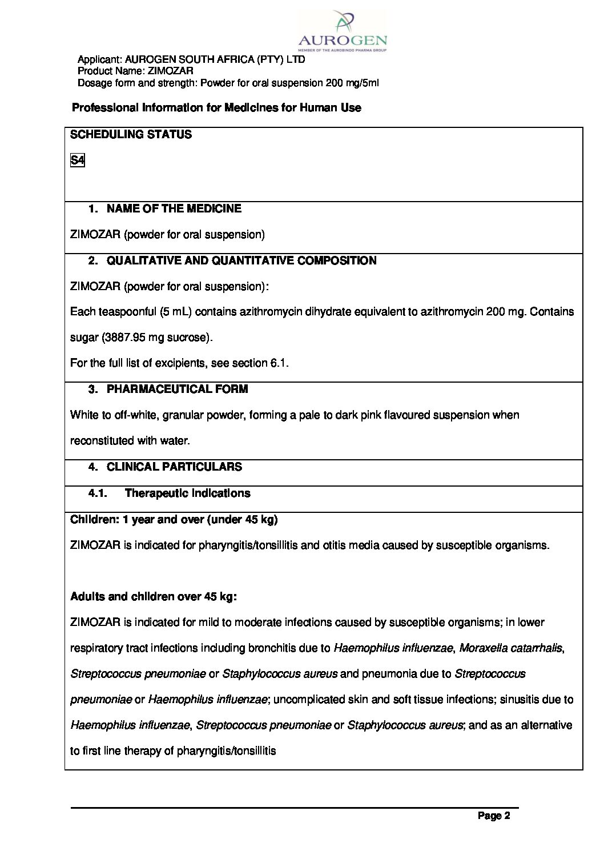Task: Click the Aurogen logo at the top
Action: pyautogui.click(x=342, y=32)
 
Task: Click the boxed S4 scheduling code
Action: pyautogui.click(x=77, y=160)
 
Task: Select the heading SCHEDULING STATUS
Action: pyautogui.click(x=131, y=135)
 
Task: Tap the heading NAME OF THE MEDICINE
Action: pyautogui.click(x=174, y=209)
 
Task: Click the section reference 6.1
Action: pyautogui.click(x=278, y=363)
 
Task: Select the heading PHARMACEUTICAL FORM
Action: pyautogui.click(x=177, y=390)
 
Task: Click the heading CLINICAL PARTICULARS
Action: pyautogui.click(x=174, y=467)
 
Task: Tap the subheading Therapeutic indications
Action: pyautogui.click(x=187, y=493)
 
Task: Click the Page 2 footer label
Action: pyautogui.click(x=494, y=816)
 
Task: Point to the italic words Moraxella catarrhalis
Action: pyautogui.click(x=510, y=648)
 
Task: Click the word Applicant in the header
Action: pyautogui.click(x=99, y=59)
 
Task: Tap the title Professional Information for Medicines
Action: pyautogui.click(x=216, y=108)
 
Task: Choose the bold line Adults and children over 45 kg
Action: pyautogui.click(x=153, y=597)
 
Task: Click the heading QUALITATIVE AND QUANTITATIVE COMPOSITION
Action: pyautogui.click(x=241, y=261)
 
